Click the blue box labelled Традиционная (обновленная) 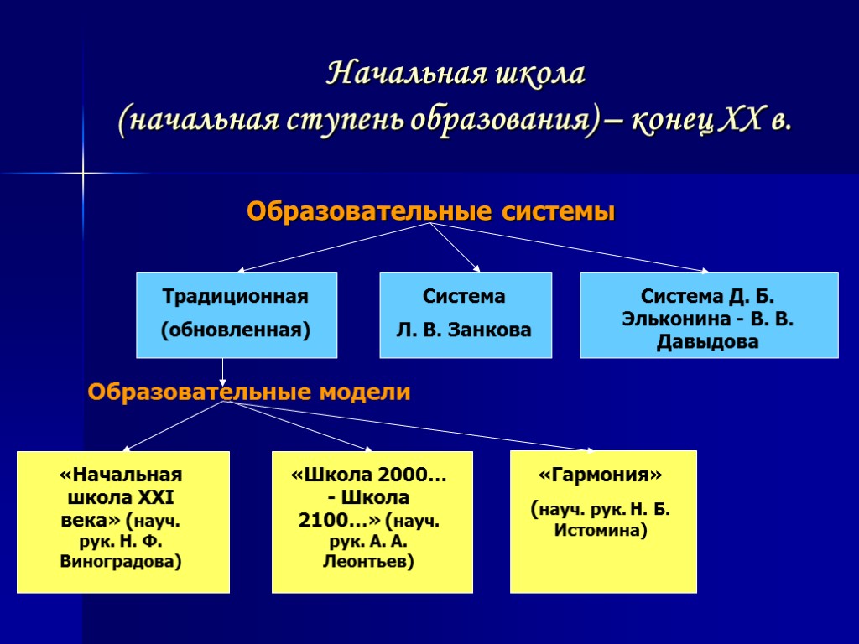236,314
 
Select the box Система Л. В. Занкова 466,314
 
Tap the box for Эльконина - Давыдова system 709,314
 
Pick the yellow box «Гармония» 603,521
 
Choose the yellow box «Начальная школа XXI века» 122,521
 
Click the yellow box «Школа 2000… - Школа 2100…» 372,521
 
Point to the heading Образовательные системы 430,212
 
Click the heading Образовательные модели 249,392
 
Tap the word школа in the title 541,74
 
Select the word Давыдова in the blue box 709,342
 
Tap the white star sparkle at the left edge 84,174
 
